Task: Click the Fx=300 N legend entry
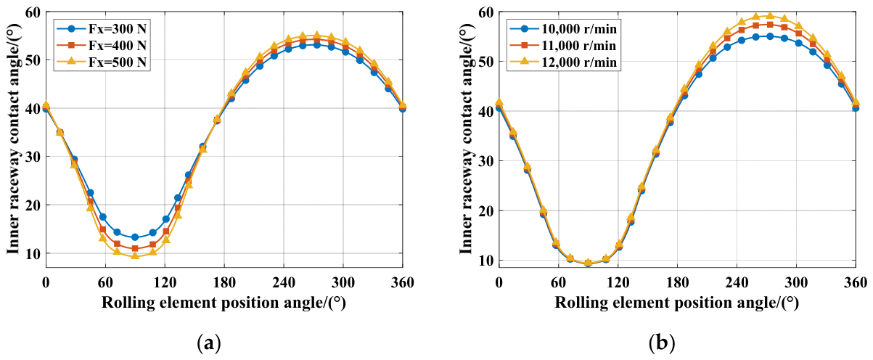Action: pyautogui.click(x=102, y=28)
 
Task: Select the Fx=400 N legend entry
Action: pyautogui.click(x=102, y=45)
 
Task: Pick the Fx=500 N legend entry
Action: pyautogui.click(x=102, y=62)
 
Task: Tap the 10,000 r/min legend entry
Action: pyautogui.click(x=563, y=28)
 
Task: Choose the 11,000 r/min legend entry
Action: pyautogui.click(x=563, y=45)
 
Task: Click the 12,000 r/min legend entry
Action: pyautogui.click(x=563, y=62)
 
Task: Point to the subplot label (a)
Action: pyautogui.click(x=209, y=343)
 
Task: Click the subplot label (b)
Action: pyautogui.click(x=662, y=343)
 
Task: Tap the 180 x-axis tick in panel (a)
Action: pyautogui.click(x=224, y=282)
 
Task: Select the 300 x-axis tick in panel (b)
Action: pyautogui.click(x=796, y=282)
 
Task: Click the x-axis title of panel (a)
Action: pyautogui.click(x=224, y=303)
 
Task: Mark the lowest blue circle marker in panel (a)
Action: pyautogui.click(x=135, y=237)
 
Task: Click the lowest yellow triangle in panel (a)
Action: pyautogui.click(x=135, y=255)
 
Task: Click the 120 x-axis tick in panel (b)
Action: pyautogui.click(x=618, y=282)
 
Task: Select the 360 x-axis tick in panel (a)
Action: pyautogui.click(x=403, y=282)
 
